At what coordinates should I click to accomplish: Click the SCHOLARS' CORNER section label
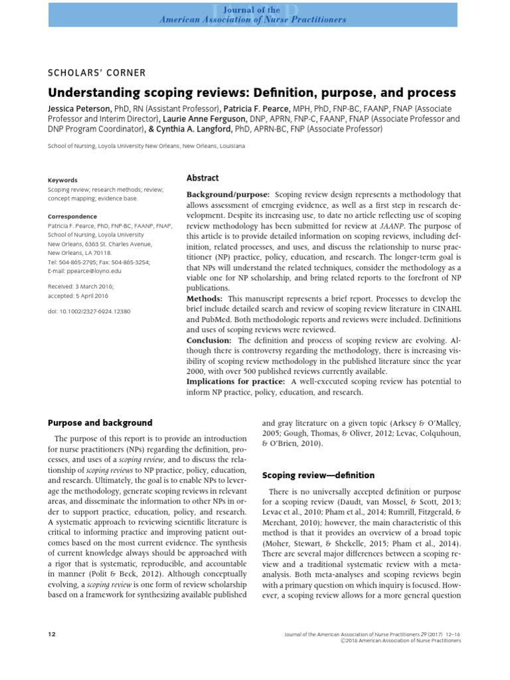pyautogui.click(x=97, y=73)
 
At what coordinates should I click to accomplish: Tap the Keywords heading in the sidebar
pyautogui.click(x=63, y=180)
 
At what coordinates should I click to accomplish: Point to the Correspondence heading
pyautogui.click(x=72, y=216)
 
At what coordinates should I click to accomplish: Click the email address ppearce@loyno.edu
pyautogui.click(x=84, y=272)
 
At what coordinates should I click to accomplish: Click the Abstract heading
pyautogui.click(x=203, y=178)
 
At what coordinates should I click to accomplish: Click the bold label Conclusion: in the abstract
pyautogui.click(x=212, y=341)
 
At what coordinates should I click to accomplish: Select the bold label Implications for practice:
pyautogui.click(x=236, y=382)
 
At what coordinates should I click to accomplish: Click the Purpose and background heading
pyautogui.click(x=100, y=422)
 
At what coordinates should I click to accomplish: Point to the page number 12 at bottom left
pyautogui.click(x=52, y=635)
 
